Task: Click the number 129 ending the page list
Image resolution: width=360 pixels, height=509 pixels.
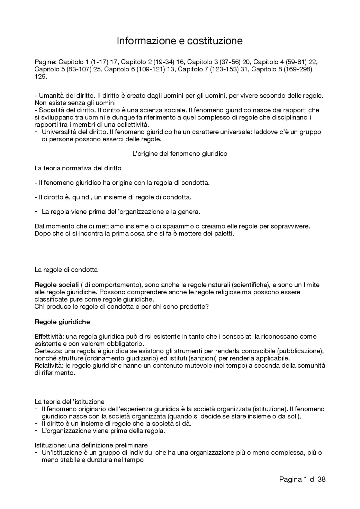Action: (40, 77)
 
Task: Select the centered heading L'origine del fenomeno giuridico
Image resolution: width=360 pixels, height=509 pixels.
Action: (179, 154)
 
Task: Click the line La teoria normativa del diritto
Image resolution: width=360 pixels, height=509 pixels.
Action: (78, 168)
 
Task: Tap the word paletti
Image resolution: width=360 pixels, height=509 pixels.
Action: (223, 234)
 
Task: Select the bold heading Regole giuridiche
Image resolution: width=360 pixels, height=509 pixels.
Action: (62, 322)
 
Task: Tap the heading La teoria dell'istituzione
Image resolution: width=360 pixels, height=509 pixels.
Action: (69, 402)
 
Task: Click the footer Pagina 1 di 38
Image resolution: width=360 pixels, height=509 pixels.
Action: (302, 479)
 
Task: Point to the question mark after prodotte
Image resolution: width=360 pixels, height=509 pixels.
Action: (207, 307)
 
